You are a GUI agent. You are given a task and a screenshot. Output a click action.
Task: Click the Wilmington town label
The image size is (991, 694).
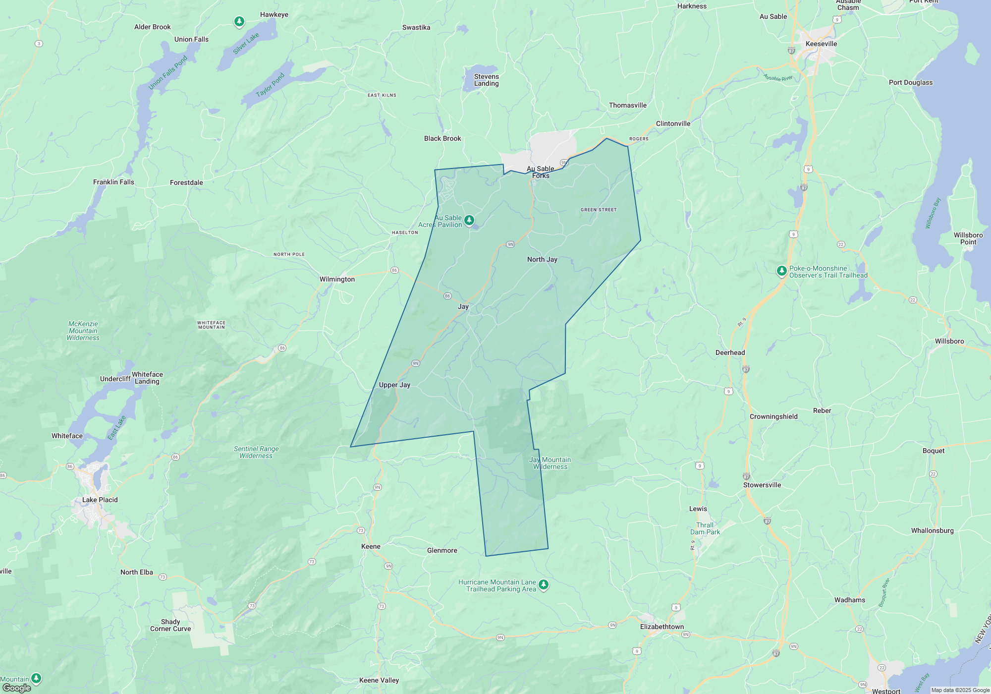337,279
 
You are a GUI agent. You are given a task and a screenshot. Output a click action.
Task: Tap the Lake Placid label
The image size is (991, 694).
100,500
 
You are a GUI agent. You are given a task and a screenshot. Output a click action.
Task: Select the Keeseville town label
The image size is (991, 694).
821,44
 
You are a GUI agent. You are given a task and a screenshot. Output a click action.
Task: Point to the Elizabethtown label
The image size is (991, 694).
661,627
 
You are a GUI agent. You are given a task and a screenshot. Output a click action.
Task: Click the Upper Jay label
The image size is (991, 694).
394,385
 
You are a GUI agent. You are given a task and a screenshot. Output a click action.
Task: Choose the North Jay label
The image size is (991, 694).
542,259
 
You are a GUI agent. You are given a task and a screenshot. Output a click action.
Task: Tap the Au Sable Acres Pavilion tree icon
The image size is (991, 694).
469,220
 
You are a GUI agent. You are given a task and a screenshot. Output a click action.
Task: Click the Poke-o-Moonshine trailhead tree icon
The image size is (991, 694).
781,271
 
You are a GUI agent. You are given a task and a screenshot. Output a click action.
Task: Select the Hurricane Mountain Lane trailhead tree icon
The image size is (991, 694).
544,585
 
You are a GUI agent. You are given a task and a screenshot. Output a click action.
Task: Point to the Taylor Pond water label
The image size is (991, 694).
270,85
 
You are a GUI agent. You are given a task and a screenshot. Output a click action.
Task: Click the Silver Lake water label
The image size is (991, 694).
246,43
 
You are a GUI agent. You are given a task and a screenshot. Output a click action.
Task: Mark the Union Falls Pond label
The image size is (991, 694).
168,72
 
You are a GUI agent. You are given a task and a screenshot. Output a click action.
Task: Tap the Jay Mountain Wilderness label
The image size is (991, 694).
550,463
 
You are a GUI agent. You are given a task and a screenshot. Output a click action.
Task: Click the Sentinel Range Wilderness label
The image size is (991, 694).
256,452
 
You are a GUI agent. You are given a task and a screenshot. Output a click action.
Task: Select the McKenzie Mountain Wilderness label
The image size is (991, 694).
83,331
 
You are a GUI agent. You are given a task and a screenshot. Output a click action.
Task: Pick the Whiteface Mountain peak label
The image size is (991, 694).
212,325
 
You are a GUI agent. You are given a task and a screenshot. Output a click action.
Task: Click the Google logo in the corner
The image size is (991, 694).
16,688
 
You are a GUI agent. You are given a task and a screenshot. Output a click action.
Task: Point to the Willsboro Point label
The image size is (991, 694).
968,238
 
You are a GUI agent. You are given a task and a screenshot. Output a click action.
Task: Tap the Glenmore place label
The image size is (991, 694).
442,550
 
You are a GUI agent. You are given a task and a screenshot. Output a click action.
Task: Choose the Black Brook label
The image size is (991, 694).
442,138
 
